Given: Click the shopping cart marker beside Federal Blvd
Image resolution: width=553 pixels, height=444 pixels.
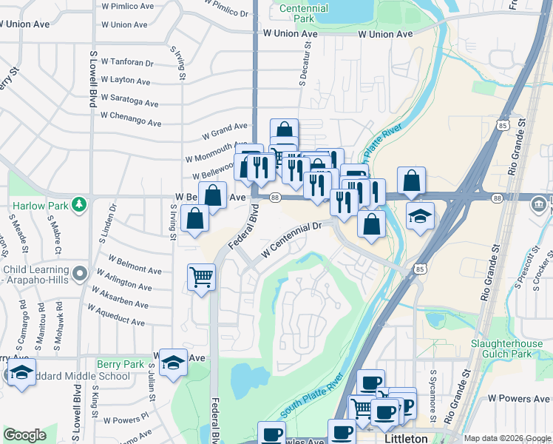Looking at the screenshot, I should click(x=201, y=277).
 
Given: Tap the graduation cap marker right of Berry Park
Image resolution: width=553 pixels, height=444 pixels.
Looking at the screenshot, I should click(x=173, y=362).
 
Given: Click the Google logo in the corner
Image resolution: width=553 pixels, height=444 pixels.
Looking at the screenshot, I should click(x=24, y=435).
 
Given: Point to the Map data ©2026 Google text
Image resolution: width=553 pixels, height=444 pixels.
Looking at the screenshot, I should click(x=506, y=438).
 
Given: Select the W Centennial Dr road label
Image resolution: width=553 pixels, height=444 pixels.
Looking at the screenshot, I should click(x=292, y=240).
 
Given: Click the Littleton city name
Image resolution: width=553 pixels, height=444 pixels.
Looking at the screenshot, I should click(x=407, y=438).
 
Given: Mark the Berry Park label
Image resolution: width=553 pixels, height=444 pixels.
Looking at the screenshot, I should click(x=120, y=365).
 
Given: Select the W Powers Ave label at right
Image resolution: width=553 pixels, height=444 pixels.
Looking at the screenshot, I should click(x=518, y=398).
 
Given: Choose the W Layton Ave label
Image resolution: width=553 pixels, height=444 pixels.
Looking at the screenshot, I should click(x=126, y=81).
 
